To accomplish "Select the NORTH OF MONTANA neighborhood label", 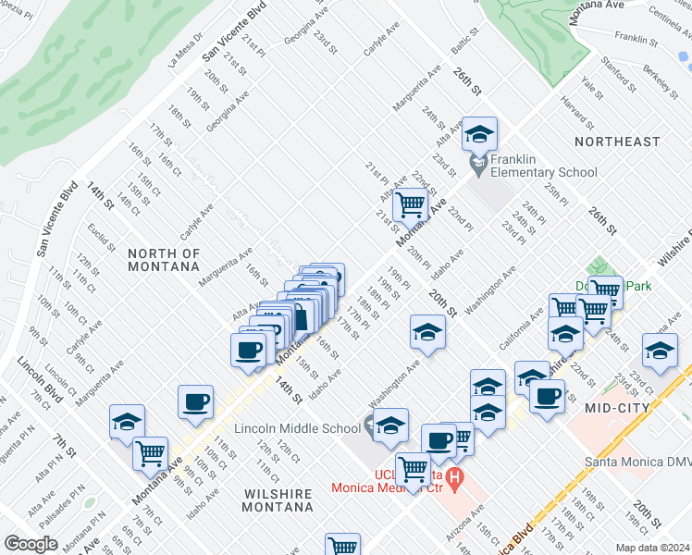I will click(164, 259).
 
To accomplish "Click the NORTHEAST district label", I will click(617, 142).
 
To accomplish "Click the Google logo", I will click(31, 544).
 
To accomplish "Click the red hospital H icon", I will click(453, 478).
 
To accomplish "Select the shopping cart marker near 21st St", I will click(409, 203).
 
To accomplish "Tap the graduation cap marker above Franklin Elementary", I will click(479, 135).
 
